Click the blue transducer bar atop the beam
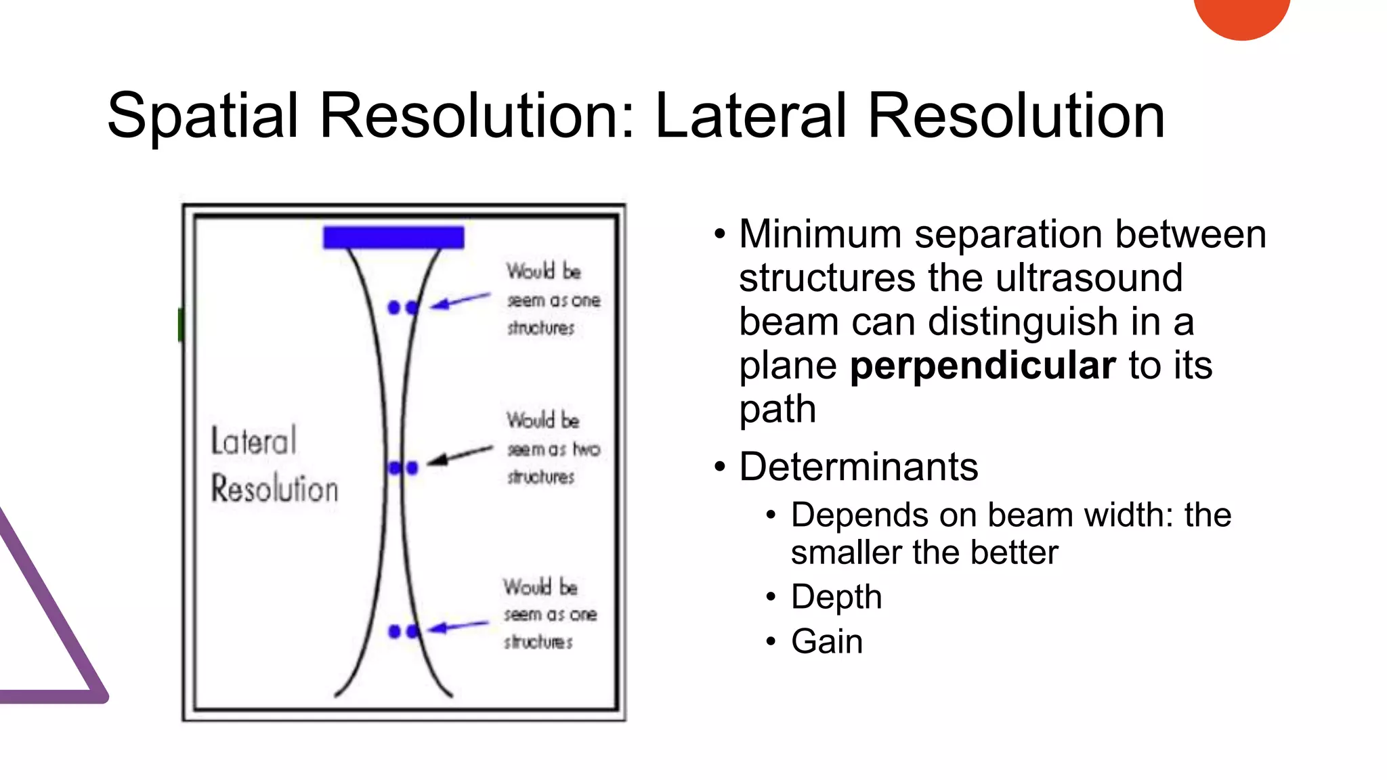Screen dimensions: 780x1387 tap(393, 238)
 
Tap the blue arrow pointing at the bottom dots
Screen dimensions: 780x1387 tap(458, 626)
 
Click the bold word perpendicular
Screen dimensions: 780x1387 tap(982, 366)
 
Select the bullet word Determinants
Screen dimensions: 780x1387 tap(858, 467)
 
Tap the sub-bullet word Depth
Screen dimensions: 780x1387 tap(836, 597)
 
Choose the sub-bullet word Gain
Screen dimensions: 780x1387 tap(826, 641)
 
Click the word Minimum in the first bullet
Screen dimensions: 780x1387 tap(819, 234)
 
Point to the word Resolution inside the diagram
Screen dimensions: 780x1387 tap(274, 489)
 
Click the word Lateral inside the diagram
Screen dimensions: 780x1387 tap(254, 441)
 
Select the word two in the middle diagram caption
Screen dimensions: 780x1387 tap(586, 449)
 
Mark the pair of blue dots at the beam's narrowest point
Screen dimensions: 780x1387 tap(403, 468)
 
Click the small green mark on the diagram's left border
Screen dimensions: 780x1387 tap(181, 324)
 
